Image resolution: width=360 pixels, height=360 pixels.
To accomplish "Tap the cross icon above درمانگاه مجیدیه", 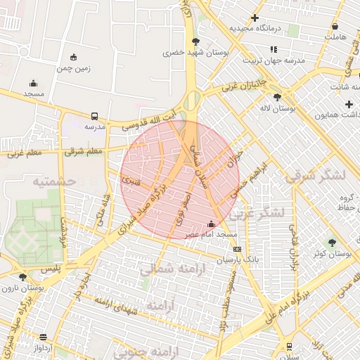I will (x=255, y=18).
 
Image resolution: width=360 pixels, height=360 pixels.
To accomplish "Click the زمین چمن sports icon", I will (x=75, y=57).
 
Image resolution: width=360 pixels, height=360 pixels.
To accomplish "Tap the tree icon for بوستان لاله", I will (x=278, y=98).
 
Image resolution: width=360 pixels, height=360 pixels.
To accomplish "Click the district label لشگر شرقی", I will (x=316, y=176).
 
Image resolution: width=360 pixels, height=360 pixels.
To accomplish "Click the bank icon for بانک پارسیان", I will (x=237, y=248).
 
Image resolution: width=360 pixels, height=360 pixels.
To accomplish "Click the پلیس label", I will (x=50, y=269).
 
